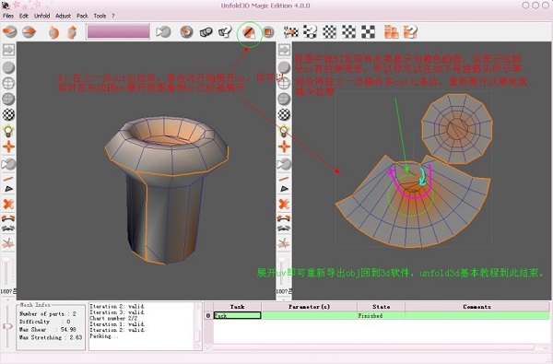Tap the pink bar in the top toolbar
tap(118, 31)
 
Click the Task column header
tap(237, 307)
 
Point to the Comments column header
tap(476, 307)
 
